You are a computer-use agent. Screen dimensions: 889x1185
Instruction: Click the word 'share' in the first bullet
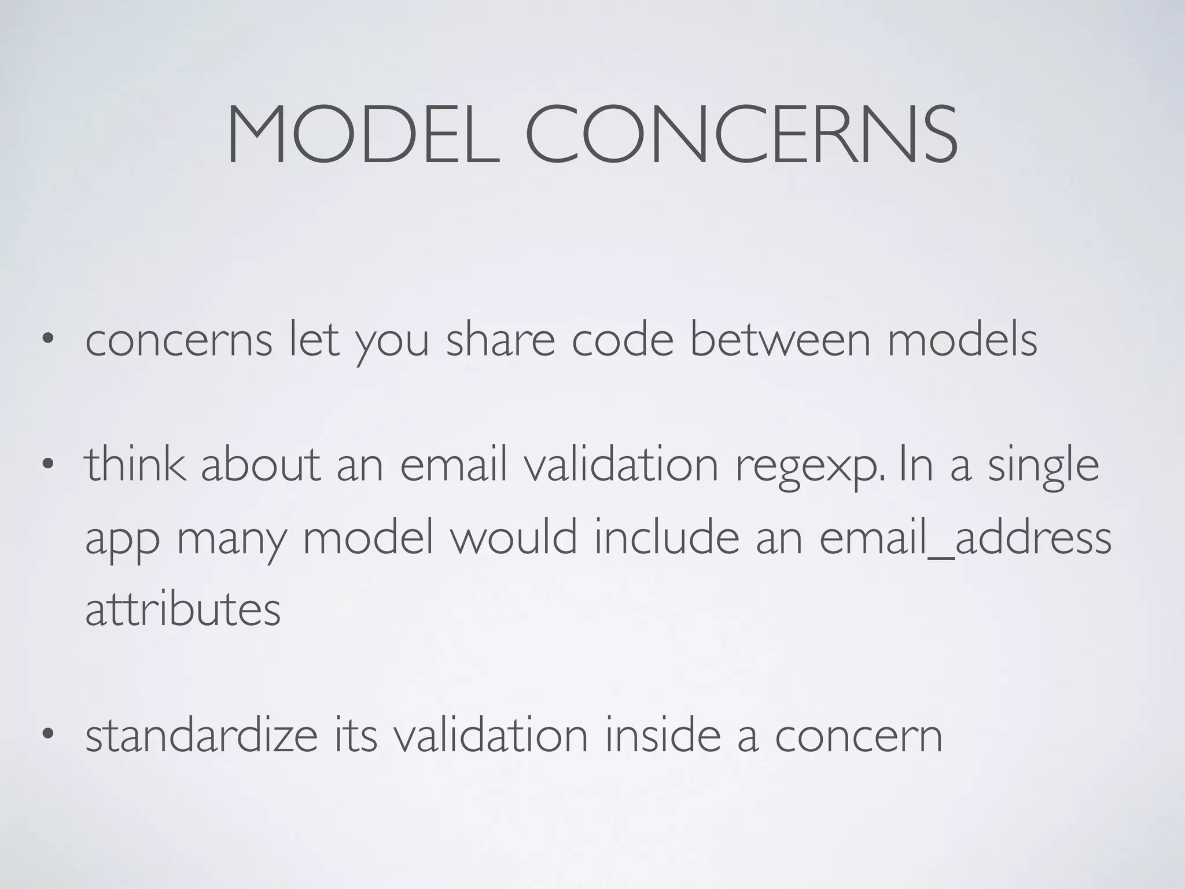point(500,340)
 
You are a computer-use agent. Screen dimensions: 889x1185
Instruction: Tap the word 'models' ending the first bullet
point(962,340)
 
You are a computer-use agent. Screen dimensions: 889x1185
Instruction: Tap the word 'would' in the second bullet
point(514,537)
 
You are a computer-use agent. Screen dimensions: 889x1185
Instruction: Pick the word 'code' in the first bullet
point(623,340)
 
